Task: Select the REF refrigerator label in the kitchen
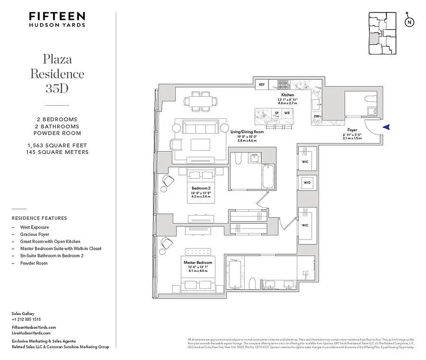coord(261,84)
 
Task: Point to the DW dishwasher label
coord(316,117)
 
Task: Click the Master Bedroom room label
coord(197,262)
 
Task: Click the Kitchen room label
coord(288,95)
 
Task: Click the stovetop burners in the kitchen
coord(283,84)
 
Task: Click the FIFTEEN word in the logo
coord(57,16)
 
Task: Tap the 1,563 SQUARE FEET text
coord(57,145)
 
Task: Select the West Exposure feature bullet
coord(34,227)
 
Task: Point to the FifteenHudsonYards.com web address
coord(34,328)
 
